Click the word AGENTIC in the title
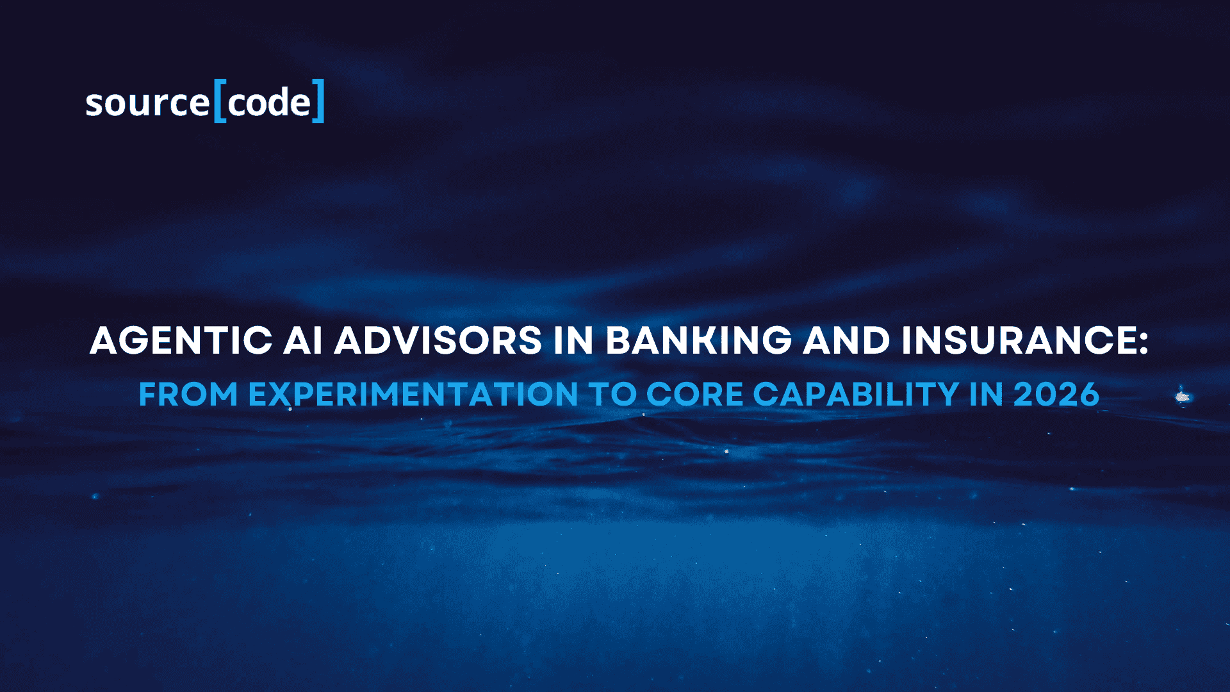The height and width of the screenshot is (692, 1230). coord(181,340)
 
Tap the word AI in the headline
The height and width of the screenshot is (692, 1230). coord(303,340)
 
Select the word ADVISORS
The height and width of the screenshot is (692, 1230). coord(438,340)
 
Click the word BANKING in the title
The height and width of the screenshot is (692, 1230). coord(699,340)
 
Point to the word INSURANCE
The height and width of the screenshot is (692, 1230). coord(1018,340)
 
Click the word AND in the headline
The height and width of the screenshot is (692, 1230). coord(847,340)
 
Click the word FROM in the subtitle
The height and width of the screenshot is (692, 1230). coord(188,394)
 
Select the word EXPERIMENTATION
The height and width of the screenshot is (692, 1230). coord(413,394)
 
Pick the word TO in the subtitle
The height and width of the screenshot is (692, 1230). coord(612,394)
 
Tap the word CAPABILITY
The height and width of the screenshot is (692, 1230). coord(856,394)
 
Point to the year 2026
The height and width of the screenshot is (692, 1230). coord(1056,394)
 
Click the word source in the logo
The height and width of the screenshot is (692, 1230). coord(148,103)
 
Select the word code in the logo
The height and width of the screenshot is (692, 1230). coord(269,103)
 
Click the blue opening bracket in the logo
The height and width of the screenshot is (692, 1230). coord(220,101)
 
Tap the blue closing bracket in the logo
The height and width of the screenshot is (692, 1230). coord(318,101)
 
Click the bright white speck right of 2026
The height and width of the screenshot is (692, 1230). coord(1182,397)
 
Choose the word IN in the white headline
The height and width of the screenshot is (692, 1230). coord(574,340)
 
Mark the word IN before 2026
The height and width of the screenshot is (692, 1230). coord(987,394)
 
